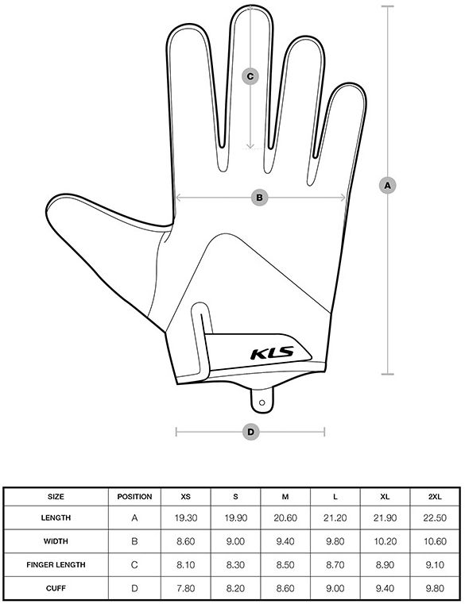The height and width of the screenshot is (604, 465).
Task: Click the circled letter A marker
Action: pyautogui.click(x=387, y=186)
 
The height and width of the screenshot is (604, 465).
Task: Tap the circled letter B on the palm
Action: pyautogui.click(x=259, y=198)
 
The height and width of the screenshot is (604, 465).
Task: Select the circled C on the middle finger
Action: pyautogui.click(x=250, y=76)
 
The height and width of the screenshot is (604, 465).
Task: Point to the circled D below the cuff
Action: pyautogui.click(x=250, y=432)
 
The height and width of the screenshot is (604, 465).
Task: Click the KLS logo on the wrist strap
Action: pyautogui.click(x=273, y=353)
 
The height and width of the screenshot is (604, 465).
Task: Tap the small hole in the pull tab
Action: pyautogui.click(x=262, y=403)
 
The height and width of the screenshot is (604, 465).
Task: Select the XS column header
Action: pyautogui.click(x=186, y=497)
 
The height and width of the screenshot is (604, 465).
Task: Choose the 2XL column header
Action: pyautogui.click(x=435, y=497)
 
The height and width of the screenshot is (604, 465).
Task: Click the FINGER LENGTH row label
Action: pyautogui.click(x=56, y=564)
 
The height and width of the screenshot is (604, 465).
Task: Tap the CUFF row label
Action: pyautogui.click(x=56, y=588)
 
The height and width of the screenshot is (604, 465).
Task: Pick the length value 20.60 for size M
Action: pyautogui.click(x=285, y=517)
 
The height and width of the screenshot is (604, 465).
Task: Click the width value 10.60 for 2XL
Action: pyautogui.click(x=435, y=541)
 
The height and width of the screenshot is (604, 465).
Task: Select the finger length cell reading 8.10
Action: pyautogui.click(x=186, y=564)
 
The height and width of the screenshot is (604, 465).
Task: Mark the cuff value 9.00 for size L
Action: pyautogui.click(x=335, y=588)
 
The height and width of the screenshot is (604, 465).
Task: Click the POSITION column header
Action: pyautogui.click(x=134, y=497)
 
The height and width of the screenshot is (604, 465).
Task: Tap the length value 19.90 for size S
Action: pyautogui.click(x=235, y=517)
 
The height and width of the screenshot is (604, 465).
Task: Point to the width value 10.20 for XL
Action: pyautogui.click(x=386, y=541)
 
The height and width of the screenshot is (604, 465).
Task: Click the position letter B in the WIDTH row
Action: pyautogui.click(x=134, y=541)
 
